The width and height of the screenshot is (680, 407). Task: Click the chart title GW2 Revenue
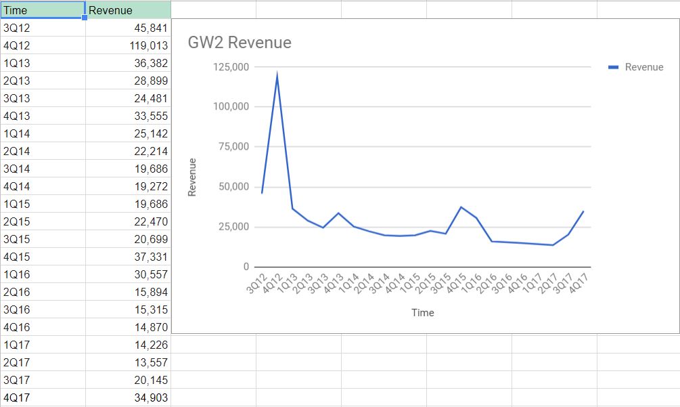tap(240, 43)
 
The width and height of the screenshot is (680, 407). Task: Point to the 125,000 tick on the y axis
tap(231, 67)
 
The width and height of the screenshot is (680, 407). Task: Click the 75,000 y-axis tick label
tap(233, 147)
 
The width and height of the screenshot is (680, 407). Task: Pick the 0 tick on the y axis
tap(246, 267)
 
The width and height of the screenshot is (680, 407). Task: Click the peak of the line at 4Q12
tap(277, 74)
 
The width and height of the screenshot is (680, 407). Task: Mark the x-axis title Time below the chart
tap(422, 313)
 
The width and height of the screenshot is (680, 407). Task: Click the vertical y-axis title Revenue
tap(192, 177)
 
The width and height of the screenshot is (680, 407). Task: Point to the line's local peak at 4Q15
tap(461, 207)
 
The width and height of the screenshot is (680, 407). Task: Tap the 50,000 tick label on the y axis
tap(233, 187)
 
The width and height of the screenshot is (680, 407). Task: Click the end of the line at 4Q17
tap(583, 211)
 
